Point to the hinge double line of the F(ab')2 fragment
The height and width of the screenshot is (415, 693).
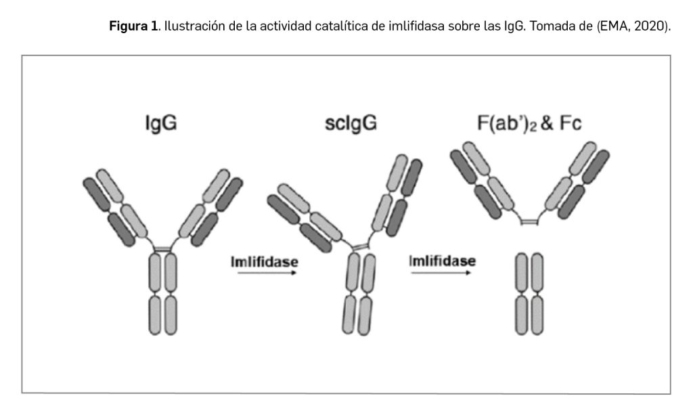pos(528,222)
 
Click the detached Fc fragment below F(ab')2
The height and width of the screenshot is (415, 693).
pos(529,294)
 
